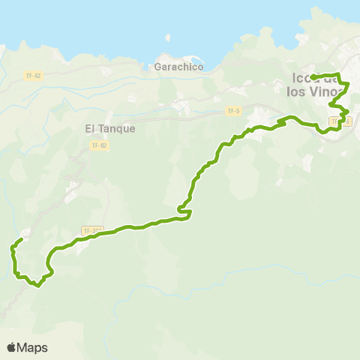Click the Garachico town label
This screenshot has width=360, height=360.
[x=178, y=67]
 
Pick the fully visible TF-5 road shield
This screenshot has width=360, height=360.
[x=234, y=111]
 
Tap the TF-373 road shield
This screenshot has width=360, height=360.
[x=91, y=230]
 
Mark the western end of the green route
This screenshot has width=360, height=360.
[x=20, y=239]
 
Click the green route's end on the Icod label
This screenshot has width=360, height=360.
[x=313, y=77]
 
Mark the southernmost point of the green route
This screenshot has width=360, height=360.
[x=38, y=284]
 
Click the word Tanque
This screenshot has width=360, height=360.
[x=116, y=128]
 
